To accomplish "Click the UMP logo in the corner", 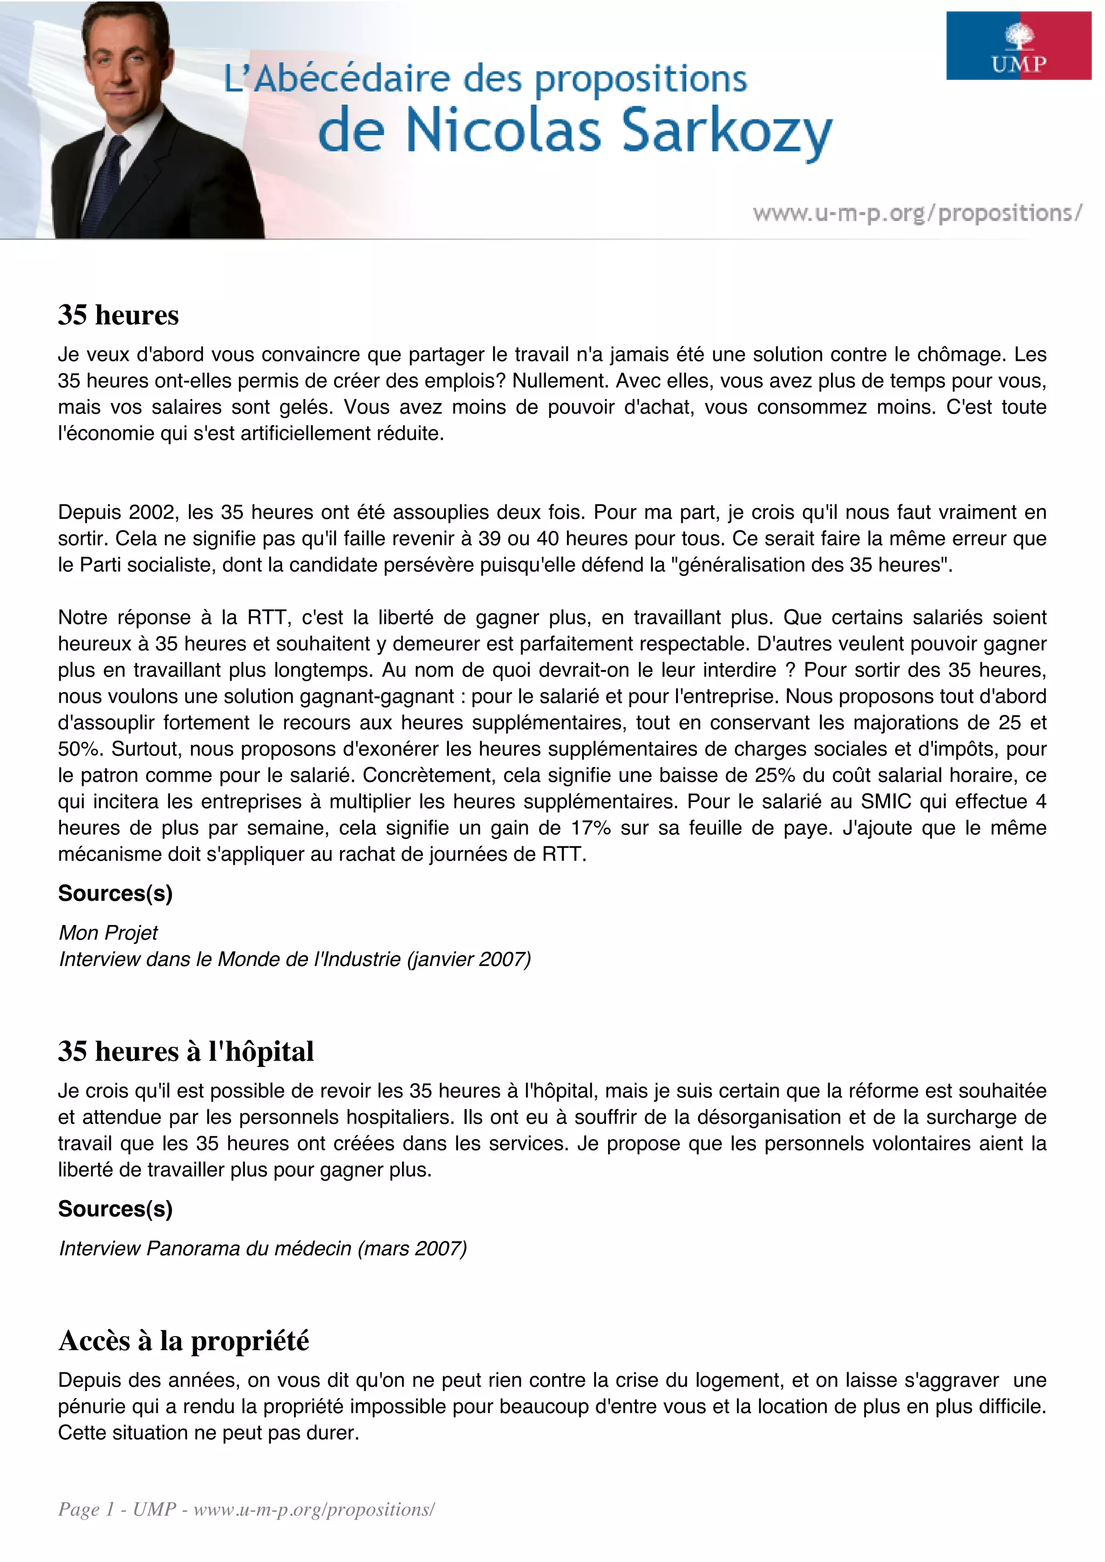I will tap(1018, 46).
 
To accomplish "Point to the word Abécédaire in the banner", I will tap(352, 80).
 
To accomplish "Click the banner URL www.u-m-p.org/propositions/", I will tap(917, 214).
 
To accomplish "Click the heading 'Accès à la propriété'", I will tap(183, 1340).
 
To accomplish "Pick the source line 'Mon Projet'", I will tap(108, 933).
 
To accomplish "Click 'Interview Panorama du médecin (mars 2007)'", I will tap(263, 1249).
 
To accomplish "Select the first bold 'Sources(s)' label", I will tap(115, 893).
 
